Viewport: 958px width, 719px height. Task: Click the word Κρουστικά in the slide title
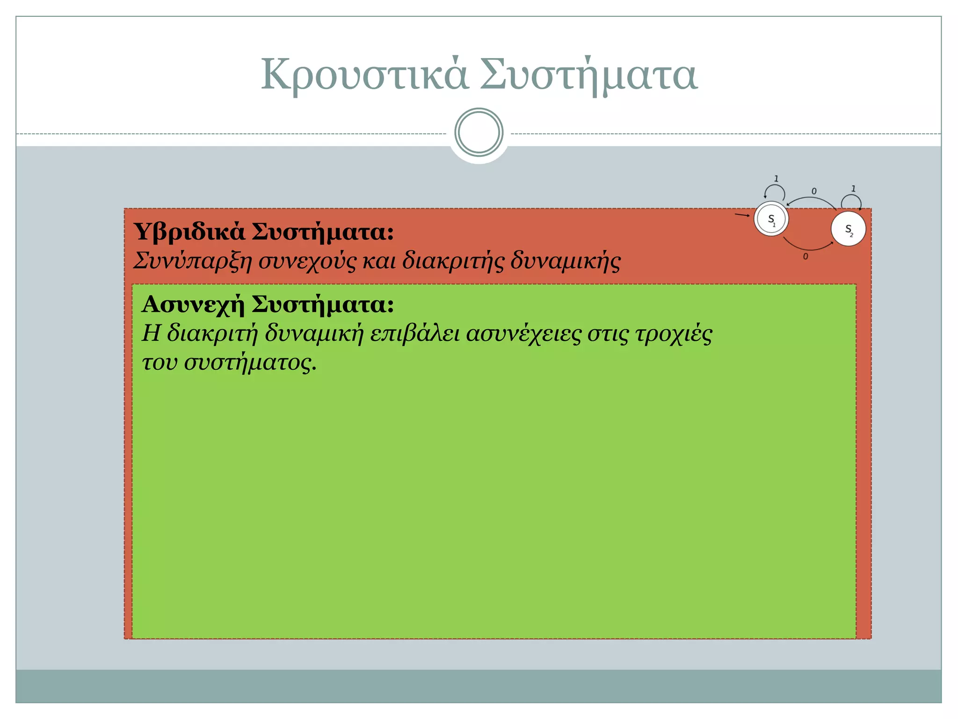(364, 75)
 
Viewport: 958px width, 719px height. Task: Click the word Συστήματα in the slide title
(589, 75)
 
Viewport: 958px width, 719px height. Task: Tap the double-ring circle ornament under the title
(479, 132)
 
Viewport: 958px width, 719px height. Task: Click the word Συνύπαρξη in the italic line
(193, 261)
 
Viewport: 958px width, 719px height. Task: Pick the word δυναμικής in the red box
(565, 261)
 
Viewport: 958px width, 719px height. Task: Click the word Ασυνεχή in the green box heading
(193, 305)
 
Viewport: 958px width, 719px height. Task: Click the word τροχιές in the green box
(674, 334)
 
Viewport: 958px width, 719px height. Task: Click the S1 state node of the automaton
(771, 219)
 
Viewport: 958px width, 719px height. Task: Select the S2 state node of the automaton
(848, 229)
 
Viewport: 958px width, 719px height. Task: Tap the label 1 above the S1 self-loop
(776, 179)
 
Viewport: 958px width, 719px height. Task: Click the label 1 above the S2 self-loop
(853, 189)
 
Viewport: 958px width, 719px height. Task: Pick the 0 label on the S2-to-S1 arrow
(814, 191)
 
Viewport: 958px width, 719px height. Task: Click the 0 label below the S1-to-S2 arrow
(806, 257)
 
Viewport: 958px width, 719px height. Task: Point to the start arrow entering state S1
(742, 215)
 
